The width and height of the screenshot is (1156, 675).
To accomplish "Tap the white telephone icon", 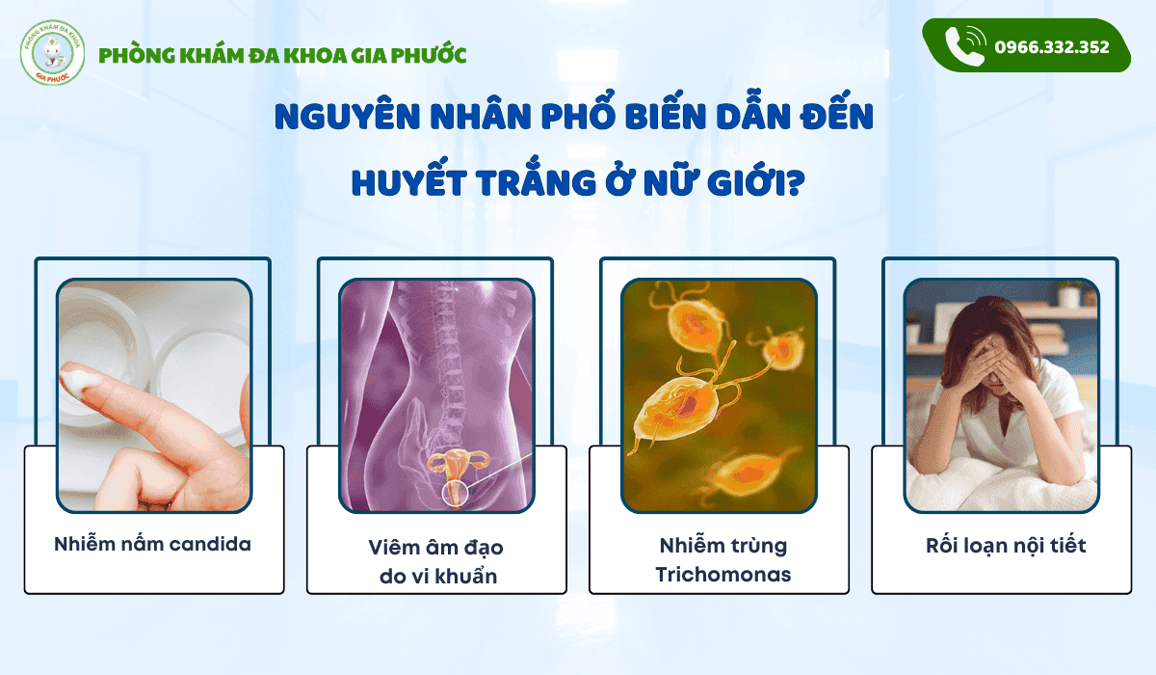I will (x=964, y=46).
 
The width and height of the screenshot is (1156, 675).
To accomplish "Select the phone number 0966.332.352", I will (x=1052, y=46).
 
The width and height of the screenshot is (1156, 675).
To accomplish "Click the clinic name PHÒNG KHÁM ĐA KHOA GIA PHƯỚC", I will (x=282, y=55).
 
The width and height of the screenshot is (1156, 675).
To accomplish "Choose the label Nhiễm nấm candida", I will (x=153, y=544).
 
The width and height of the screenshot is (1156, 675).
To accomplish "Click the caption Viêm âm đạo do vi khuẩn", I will (x=435, y=561).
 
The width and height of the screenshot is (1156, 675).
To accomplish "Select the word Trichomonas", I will (x=722, y=575).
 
